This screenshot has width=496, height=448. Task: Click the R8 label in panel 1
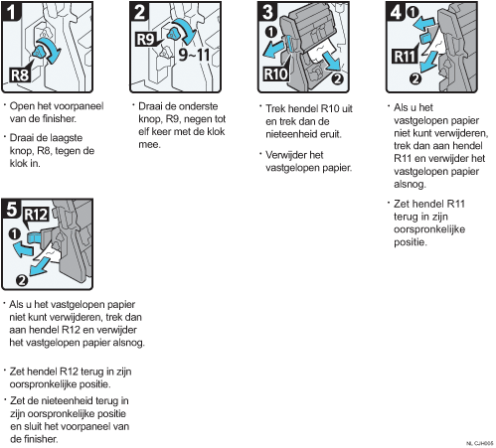[20, 75]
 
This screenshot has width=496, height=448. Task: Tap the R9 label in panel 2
[146, 40]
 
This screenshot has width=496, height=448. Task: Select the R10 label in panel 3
[275, 74]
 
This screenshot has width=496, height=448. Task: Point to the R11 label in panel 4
[405, 57]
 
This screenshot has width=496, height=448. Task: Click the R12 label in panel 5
[36, 215]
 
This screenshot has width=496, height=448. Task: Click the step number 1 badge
[11, 12]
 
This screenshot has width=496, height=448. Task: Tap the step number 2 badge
[139, 12]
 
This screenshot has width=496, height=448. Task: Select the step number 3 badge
[267, 12]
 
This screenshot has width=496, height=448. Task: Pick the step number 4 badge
[396, 12]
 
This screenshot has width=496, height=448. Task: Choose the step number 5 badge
[11, 209]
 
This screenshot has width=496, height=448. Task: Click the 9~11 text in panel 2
[194, 55]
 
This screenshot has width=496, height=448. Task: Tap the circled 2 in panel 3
[337, 79]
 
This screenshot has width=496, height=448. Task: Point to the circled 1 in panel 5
[14, 234]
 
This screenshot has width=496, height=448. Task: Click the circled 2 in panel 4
[415, 79]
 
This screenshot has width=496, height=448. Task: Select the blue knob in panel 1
[40, 52]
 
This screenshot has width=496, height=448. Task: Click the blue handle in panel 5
[34, 237]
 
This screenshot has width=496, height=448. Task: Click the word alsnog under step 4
[410, 185]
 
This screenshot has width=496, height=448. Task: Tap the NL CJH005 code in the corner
[479, 443]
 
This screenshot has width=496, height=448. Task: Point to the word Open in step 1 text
[22, 106]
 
